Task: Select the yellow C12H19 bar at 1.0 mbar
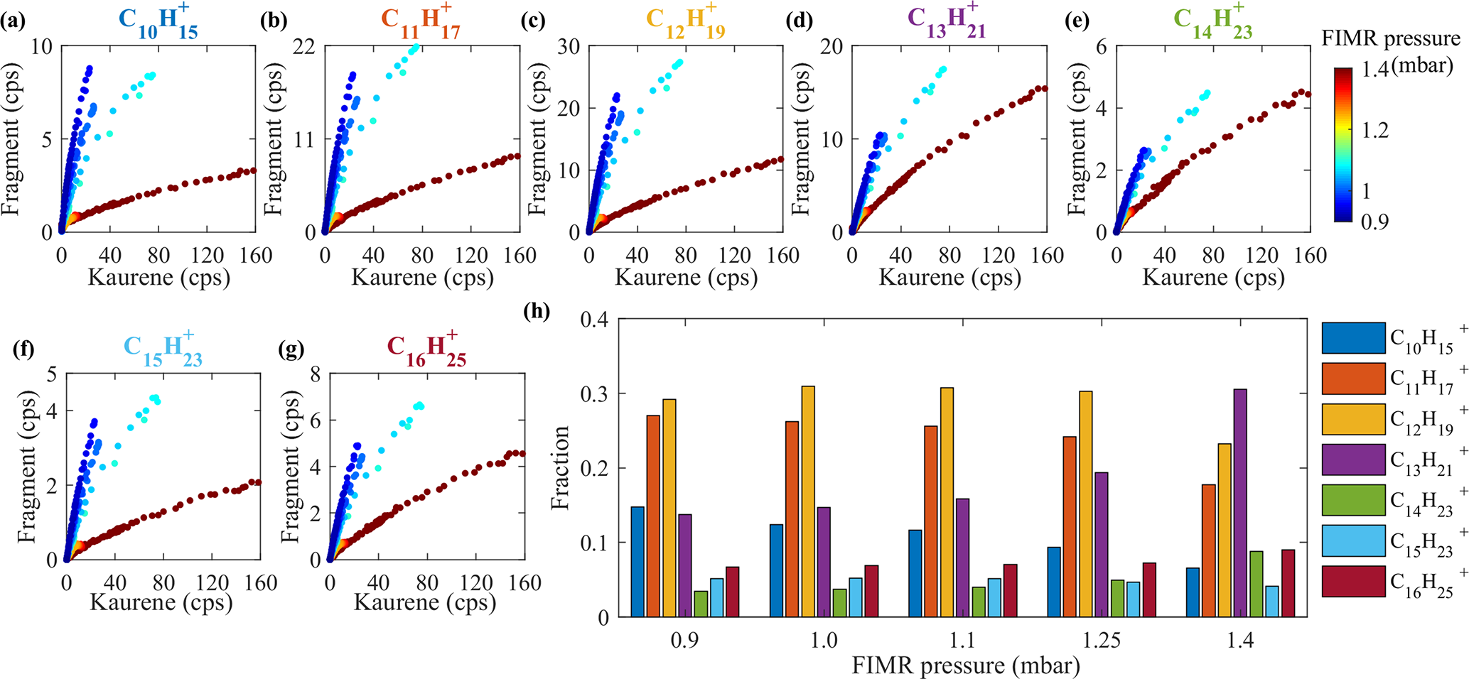pos(808,501)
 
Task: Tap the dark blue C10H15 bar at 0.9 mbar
pos(637,561)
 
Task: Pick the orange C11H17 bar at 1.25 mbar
pos(1070,526)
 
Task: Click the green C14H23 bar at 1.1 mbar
pos(979,602)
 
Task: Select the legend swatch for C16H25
pos(1353,581)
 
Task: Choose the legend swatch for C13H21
pos(1353,460)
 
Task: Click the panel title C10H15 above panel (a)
pos(158,21)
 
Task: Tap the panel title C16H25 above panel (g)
pos(426,350)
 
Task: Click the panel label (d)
pos(800,22)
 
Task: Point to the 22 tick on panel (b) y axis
pos(303,46)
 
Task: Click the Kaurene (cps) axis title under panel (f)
pos(161,602)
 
